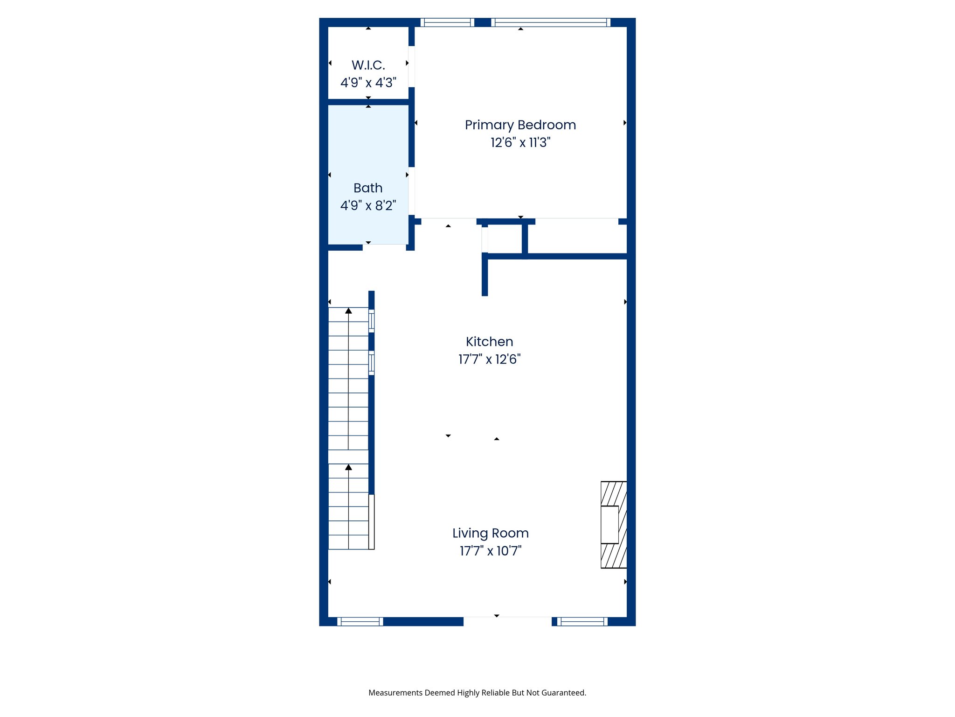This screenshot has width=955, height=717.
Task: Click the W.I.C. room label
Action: click(x=368, y=65)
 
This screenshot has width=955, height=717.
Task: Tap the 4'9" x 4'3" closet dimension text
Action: click(x=368, y=83)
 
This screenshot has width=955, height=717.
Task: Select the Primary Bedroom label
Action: click(x=520, y=125)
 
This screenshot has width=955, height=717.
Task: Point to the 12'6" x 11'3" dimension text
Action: click(x=520, y=142)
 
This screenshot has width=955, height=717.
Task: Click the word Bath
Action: click(x=368, y=188)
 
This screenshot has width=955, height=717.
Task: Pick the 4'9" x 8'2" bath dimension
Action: click(x=368, y=205)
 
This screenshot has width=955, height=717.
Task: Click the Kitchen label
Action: click(x=489, y=342)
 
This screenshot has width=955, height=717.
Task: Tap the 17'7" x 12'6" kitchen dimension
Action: click(x=489, y=359)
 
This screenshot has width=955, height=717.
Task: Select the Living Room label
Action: click(x=490, y=533)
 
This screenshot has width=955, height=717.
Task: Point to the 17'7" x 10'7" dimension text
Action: click(x=490, y=551)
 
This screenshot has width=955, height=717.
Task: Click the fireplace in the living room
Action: click(x=613, y=525)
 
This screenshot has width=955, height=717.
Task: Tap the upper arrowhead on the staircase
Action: click(x=348, y=311)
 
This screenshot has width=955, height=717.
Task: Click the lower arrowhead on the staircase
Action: click(x=348, y=467)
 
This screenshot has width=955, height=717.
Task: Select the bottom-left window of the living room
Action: click(x=360, y=621)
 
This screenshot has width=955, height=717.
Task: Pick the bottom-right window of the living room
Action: click(x=582, y=621)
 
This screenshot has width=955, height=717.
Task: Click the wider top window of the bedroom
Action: click(x=551, y=22)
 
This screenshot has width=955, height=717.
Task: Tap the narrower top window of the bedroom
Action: click(x=447, y=22)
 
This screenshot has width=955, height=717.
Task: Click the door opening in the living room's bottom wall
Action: click(x=507, y=621)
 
